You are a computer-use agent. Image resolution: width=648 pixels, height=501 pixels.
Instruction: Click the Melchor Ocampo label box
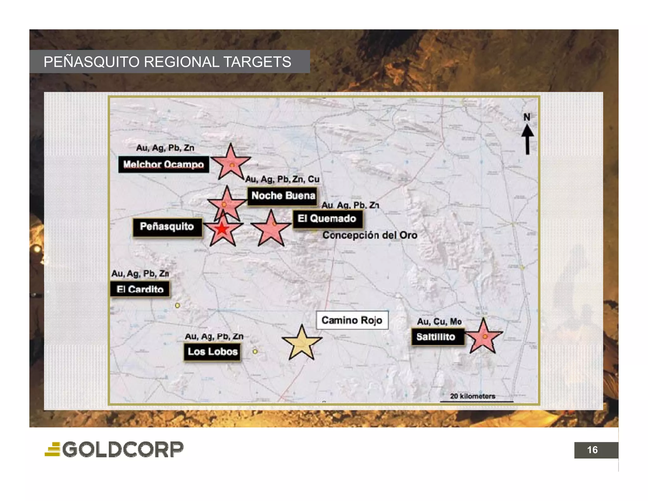point(164,164)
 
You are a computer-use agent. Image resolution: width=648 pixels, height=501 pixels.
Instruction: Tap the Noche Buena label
point(283,196)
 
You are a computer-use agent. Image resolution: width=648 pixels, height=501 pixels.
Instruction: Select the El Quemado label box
point(327,219)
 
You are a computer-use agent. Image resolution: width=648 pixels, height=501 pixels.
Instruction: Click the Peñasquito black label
point(167,227)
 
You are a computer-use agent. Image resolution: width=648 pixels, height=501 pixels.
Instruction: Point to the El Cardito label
point(140,289)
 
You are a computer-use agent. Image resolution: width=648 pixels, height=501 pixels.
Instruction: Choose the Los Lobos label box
point(212,352)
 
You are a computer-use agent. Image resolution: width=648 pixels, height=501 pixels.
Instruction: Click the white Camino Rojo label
point(352,320)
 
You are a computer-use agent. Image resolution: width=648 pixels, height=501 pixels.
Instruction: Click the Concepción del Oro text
point(370,235)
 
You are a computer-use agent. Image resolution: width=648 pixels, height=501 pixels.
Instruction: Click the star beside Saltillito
point(483,337)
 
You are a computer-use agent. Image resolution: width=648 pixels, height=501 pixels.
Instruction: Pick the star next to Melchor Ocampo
point(231,163)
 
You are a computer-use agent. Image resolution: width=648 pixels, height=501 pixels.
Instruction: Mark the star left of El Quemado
point(271,229)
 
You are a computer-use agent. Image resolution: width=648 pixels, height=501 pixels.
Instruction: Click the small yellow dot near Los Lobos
point(255,352)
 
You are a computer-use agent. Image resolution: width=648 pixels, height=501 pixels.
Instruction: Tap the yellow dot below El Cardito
point(178,306)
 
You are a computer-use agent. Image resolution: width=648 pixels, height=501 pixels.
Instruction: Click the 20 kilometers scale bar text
point(472,396)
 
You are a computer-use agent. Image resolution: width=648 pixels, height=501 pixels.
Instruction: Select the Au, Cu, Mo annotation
point(439,322)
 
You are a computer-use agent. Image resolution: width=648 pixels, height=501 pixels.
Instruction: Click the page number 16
point(592,450)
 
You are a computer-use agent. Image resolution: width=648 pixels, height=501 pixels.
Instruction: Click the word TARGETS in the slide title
point(257,62)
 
